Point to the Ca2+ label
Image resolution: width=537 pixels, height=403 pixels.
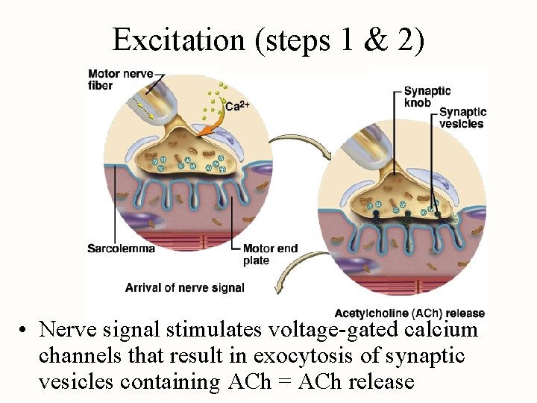pos(236,106)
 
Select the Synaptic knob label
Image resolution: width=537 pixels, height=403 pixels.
pos(427,96)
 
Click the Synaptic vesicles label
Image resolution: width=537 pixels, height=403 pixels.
pos(462,118)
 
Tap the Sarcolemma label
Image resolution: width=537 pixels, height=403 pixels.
pos(121,249)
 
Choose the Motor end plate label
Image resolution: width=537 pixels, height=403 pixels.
pos(270,254)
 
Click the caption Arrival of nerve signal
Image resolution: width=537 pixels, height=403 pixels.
pos(184,287)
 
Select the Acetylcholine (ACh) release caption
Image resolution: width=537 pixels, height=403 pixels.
pos(409,313)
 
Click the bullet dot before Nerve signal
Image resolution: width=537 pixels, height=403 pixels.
pos(25,330)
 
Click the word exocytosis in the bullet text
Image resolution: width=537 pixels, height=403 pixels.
pos(301,356)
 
